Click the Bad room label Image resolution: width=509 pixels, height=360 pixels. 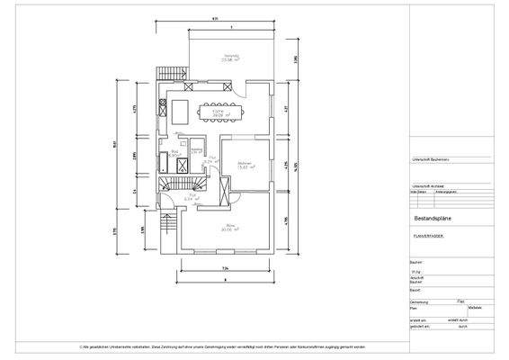pos(176,153)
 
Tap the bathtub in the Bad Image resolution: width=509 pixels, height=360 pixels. pos(163,163)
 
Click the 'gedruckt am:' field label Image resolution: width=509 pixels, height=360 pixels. pos(421,327)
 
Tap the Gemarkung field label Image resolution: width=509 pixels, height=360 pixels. pos(420,301)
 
